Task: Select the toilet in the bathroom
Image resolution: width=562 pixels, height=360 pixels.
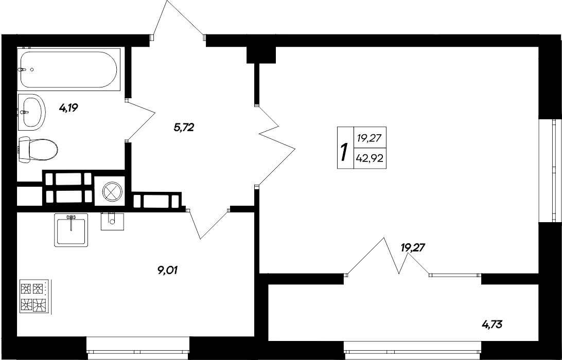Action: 38,150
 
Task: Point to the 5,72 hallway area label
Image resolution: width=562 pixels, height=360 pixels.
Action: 184,128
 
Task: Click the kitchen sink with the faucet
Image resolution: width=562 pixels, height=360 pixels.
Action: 71,229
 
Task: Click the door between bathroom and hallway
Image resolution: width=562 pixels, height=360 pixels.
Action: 140,119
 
